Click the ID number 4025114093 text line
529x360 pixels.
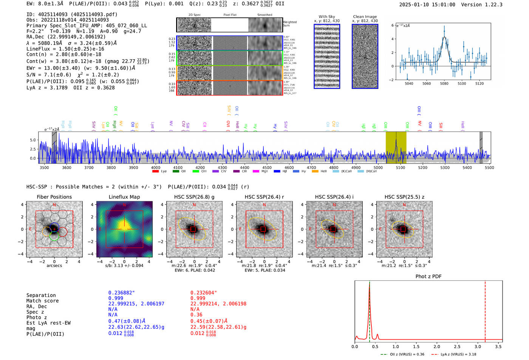pos(72,14)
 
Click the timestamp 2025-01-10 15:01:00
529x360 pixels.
pos(427,5)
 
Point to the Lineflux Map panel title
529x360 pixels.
pos(124,197)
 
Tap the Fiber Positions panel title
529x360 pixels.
pos(54,197)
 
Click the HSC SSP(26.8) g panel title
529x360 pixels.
pos(194,197)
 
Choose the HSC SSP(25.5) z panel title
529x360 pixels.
pos(404,197)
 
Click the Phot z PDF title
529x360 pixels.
pos(428,277)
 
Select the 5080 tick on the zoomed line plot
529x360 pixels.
pos(444,83)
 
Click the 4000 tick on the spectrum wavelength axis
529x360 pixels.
pos(156,167)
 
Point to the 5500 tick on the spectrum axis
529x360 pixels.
pos(489,167)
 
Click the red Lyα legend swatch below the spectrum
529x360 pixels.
pos(155,172)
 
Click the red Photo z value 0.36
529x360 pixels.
pos(196,315)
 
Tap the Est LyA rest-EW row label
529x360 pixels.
pos(48,323)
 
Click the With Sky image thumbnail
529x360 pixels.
pos(327,57)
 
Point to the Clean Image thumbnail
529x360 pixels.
pos(365,57)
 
